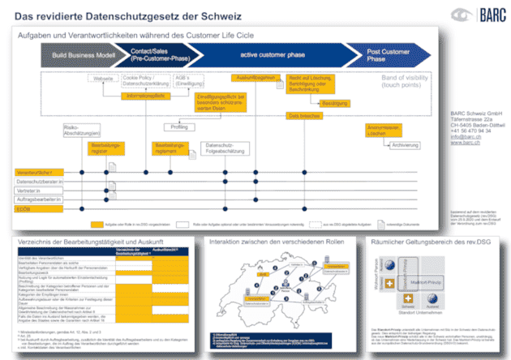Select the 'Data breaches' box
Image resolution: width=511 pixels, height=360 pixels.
pos(304,116)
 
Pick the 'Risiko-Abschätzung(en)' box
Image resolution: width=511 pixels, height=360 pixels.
pos(79,133)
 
